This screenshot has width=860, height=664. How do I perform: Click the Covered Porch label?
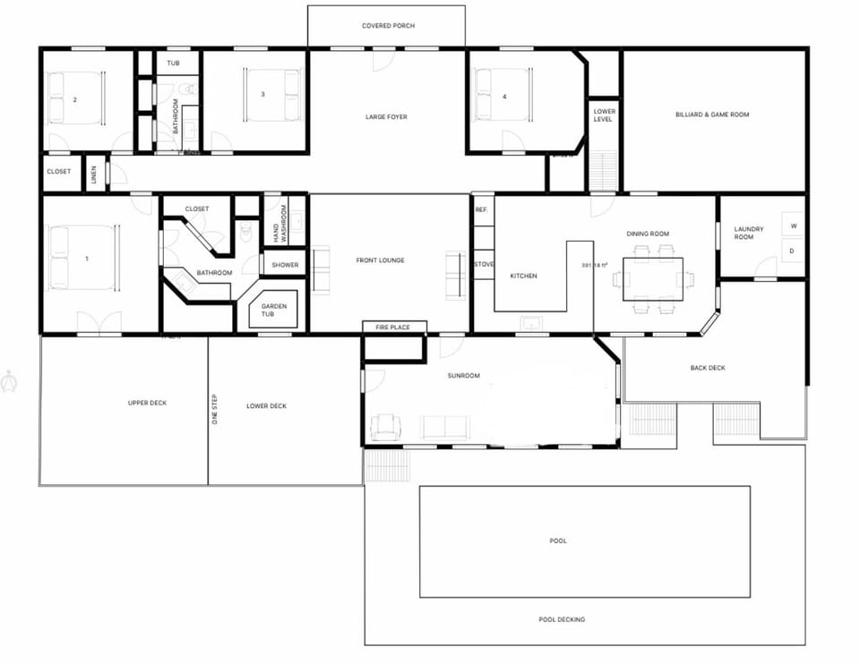click(x=388, y=26)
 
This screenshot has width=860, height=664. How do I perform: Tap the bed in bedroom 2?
click(x=75, y=98)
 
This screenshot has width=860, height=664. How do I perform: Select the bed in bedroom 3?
click(x=272, y=94)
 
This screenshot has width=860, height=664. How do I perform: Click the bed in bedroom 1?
click(x=82, y=258)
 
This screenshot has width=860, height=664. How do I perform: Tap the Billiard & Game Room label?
click(x=712, y=115)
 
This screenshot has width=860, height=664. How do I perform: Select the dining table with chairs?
click(x=652, y=278)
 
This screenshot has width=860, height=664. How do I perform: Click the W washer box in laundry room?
click(x=793, y=226)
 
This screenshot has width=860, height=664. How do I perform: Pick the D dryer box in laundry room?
click(x=793, y=251)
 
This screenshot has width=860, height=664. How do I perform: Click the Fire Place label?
click(x=393, y=328)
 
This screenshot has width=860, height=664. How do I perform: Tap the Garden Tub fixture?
click(x=274, y=311)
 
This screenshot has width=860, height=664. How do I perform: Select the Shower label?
click(x=285, y=265)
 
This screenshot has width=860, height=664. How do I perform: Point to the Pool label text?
click(x=558, y=541)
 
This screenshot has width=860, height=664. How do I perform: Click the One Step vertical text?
click(x=215, y=408)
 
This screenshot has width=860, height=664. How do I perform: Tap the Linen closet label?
click(x=94, y=174)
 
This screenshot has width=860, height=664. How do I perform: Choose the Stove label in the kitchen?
click(x=483, y=264)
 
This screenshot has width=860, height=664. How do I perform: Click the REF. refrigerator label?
click(x=481, y=209)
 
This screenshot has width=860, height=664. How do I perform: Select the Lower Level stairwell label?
click(x=604, y=115)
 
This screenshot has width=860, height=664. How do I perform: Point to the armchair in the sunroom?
click(x=385, y=427)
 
